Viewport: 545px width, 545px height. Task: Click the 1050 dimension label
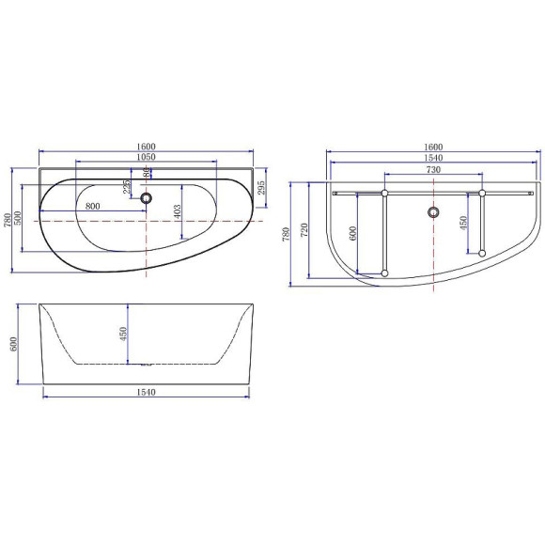(146, 157)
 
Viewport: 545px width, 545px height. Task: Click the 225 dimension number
(128, 187)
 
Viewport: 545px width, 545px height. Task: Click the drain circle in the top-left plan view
(145, 198)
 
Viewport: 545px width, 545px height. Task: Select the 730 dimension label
(433, 170)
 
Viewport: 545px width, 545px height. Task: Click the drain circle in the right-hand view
(433, 211)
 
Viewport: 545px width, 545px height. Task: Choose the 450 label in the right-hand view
(464, 223)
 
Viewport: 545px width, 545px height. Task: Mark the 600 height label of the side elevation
(13, 344)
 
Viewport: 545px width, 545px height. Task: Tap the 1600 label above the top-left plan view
(146, 147)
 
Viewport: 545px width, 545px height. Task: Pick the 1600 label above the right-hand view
(433, 148)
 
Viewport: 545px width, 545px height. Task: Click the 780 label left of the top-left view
(8, 222)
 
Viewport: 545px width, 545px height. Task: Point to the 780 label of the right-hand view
(287, 232)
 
